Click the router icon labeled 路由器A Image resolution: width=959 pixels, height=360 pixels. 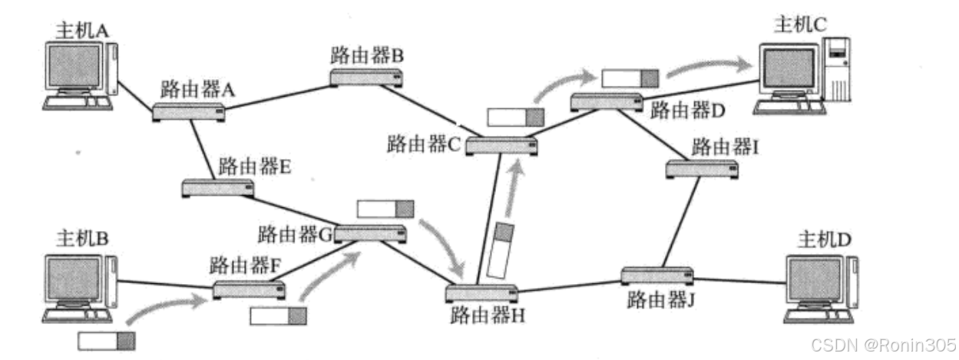pos(189,112)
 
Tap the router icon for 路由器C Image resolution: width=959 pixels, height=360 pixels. pos(501,146)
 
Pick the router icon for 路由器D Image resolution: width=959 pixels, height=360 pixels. pos(607,101)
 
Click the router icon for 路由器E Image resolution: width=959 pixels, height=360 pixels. pos(218,187)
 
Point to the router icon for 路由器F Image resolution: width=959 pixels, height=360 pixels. pos(249,290)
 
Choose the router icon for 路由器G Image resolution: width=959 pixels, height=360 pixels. pos(370,234)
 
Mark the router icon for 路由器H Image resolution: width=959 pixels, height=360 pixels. pos(481,293)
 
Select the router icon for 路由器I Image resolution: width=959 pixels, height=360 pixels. pos(702,169)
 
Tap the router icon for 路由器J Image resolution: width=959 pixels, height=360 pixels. pos(657,275)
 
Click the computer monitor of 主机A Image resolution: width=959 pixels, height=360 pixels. pos(74,68)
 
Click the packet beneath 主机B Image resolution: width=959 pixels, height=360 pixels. pos(106,341)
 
